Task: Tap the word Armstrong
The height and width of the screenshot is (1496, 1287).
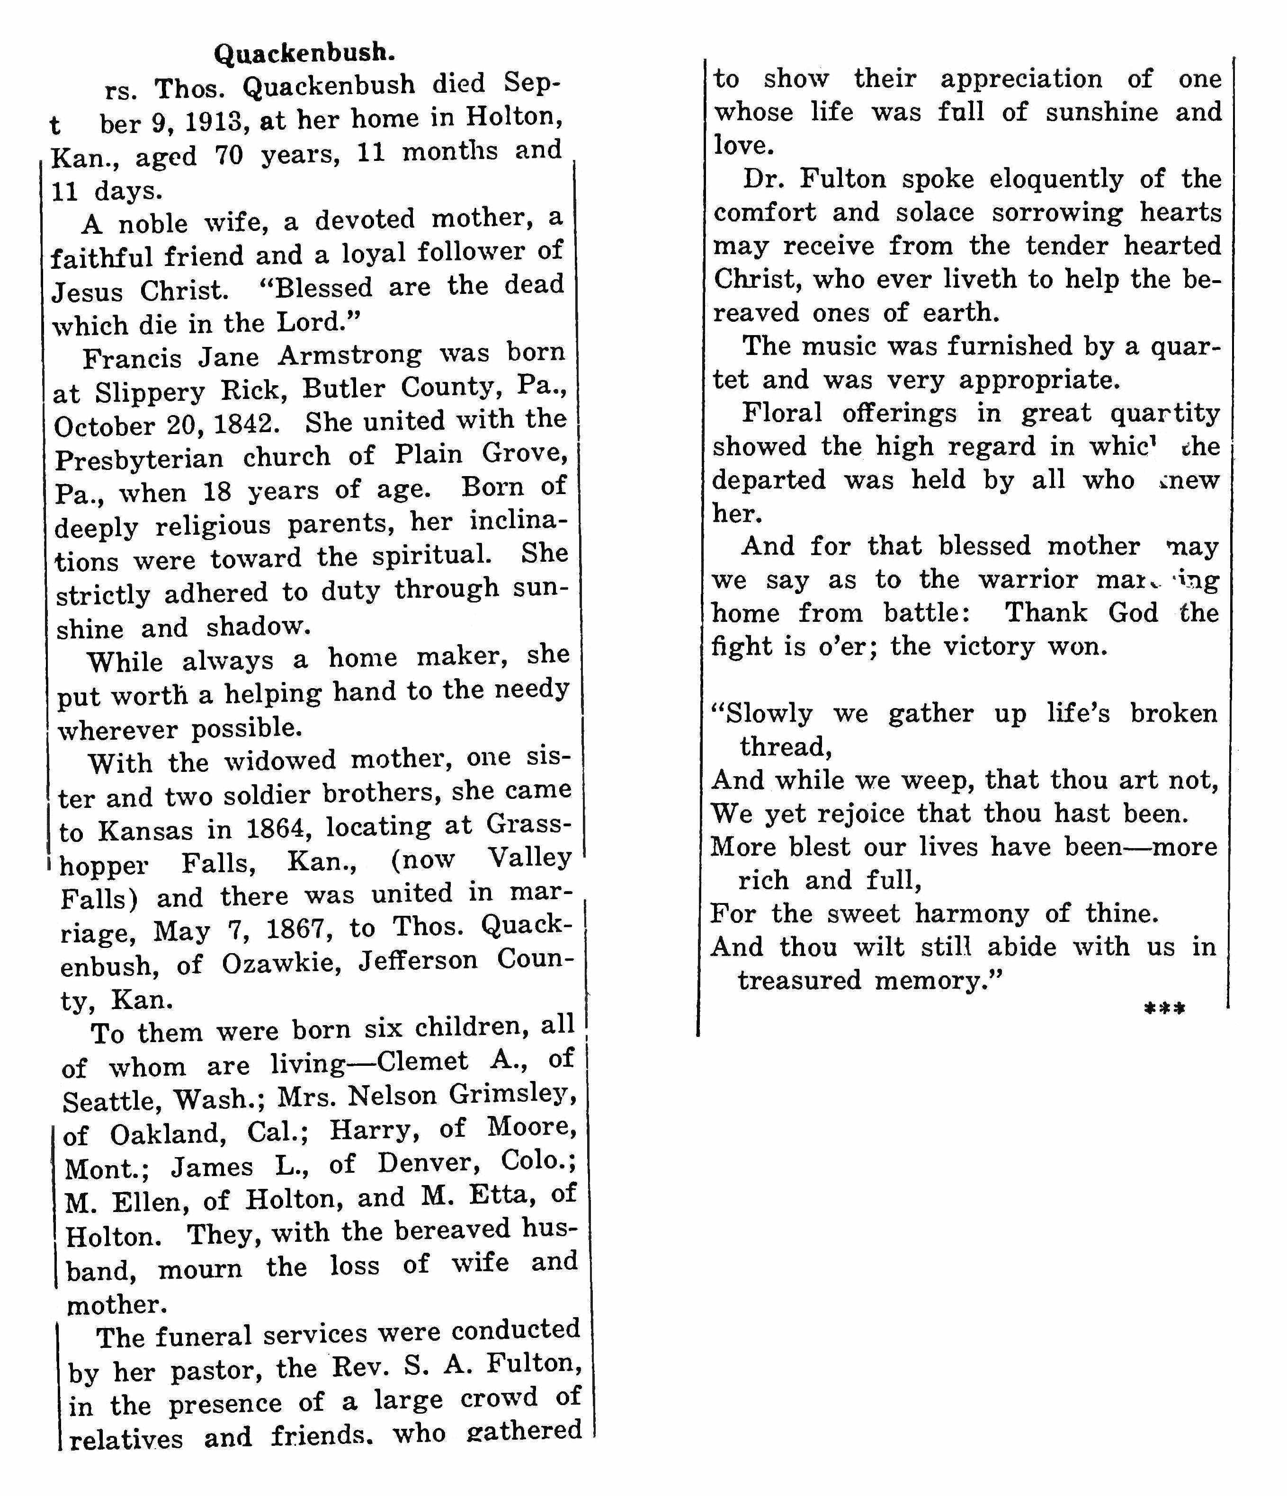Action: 349,355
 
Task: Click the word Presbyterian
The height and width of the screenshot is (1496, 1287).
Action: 139,459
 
